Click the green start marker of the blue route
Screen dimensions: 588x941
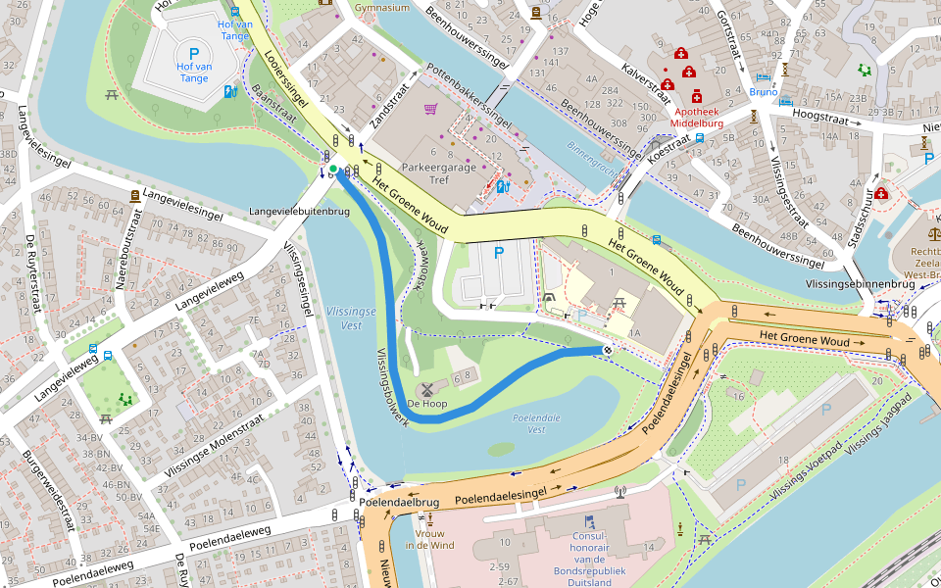(333, 170)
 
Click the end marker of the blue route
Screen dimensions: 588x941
(608, 349)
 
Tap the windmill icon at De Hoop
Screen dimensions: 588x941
(426, 389)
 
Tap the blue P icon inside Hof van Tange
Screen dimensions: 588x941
(193, 55)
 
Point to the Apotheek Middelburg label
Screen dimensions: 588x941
(698, 118)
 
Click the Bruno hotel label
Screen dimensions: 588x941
(763, 91)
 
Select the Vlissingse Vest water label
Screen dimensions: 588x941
(344, 318)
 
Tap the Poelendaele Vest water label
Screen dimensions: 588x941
(536, 423)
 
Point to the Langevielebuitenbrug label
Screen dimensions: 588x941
(300, 211)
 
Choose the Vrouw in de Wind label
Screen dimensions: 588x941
(430, 538)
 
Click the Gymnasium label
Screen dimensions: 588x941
(382, 8)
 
